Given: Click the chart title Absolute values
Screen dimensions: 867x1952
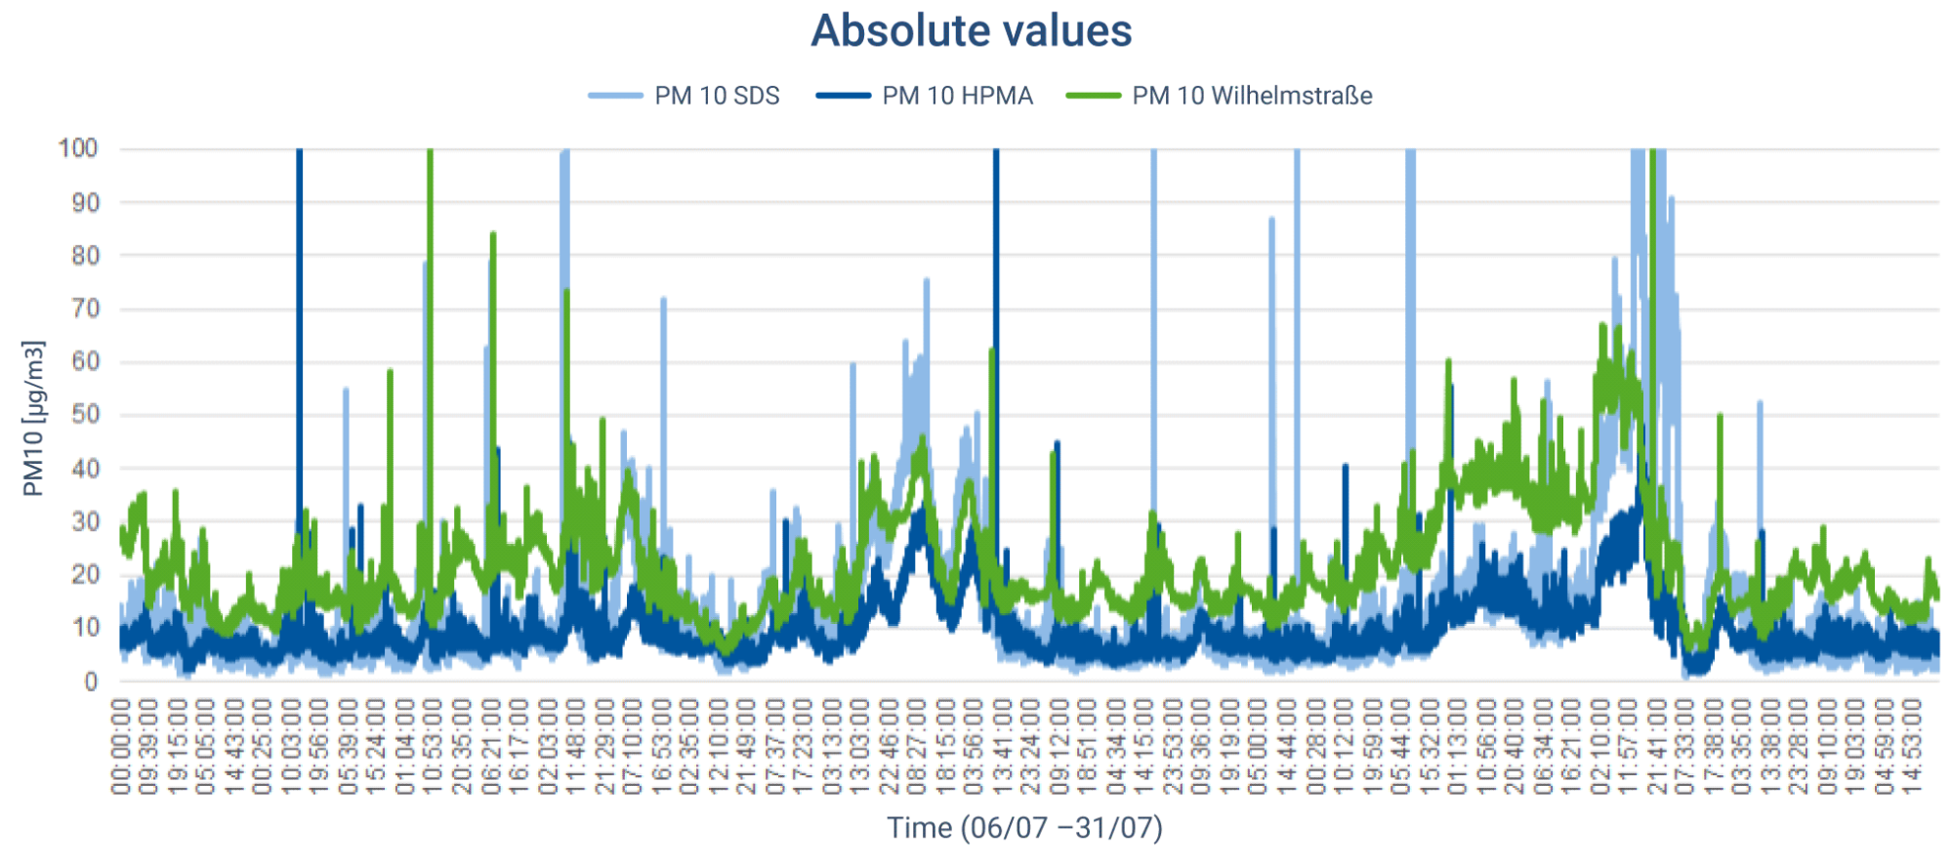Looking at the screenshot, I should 971,31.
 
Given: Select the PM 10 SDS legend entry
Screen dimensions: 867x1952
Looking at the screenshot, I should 716,96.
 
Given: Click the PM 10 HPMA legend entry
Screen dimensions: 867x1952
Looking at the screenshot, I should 956,96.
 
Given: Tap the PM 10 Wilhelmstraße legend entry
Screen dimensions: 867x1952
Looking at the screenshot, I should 1251,96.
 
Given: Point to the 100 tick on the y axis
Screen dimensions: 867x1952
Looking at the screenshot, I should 78,148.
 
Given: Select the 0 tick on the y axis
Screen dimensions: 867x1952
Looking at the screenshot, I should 91,681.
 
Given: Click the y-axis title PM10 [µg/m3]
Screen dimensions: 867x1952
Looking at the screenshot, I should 33,418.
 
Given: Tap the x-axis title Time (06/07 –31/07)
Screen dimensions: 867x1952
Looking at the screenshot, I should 1024,828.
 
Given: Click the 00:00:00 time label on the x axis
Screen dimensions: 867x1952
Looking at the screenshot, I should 121,746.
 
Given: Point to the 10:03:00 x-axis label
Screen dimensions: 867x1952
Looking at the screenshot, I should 292,746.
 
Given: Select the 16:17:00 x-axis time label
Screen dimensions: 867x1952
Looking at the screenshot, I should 519,746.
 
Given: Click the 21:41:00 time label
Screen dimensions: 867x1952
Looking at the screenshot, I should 1657,746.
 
